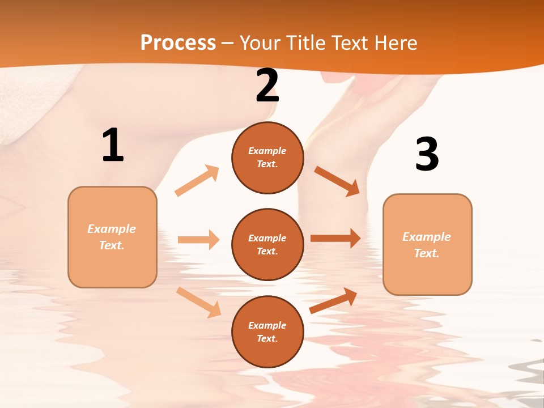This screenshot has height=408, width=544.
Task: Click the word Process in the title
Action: (178, 43)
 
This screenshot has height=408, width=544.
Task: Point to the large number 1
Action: (112, 145)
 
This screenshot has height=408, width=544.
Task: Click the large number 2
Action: (267, 86)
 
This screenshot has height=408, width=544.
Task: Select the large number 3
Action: (427, 154)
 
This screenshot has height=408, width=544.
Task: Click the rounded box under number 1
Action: (112, 237)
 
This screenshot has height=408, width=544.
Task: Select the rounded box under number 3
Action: (427, 244)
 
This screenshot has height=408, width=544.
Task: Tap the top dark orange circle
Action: (267, 158)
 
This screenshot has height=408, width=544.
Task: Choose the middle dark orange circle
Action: (267, 244)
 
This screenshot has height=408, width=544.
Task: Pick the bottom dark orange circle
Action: (267, 331)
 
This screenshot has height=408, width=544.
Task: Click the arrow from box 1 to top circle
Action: (197, 181)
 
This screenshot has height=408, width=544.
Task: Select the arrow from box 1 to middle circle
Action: (198, 240)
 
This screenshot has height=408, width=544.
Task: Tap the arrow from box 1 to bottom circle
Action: (198, 302)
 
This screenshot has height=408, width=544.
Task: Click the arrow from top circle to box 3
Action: (337, 181)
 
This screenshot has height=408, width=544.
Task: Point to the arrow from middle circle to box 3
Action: (335, 238)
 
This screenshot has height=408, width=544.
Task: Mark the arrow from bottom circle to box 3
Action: (333, 300)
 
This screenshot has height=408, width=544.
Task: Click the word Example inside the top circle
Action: (267, 151)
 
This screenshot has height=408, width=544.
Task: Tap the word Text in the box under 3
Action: (427, 253)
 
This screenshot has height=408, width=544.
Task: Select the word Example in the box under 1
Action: (112, 229)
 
